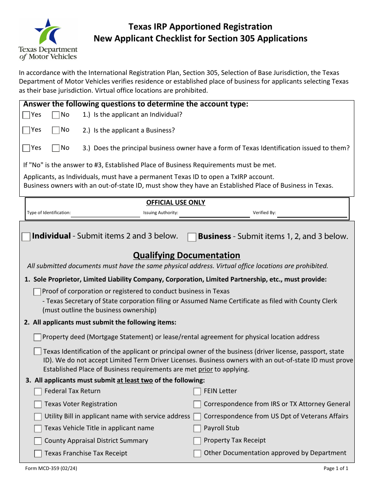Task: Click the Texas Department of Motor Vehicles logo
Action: (x=48, y=39)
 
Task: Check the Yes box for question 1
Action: (x=26, y=115)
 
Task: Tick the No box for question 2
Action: (x=56, y=130)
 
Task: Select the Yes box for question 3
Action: (x=26, y=148)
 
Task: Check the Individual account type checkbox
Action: (x=26, y=237)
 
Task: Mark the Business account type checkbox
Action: (x=192, y=237)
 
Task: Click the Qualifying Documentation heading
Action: (x=186, y=255)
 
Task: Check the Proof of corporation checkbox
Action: (x=37, y=292)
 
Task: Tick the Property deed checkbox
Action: (x=37, y=337)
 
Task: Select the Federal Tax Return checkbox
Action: (x=38, y=392)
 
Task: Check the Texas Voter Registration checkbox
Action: (x=38, y=405)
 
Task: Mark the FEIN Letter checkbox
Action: (x=197, y=392)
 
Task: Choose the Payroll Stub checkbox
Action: (x=197, y=429)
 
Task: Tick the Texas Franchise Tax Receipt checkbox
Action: (x=38, y=453)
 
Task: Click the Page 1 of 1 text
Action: (x=336, y=468)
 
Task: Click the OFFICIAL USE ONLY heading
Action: (x=176, y=202)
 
